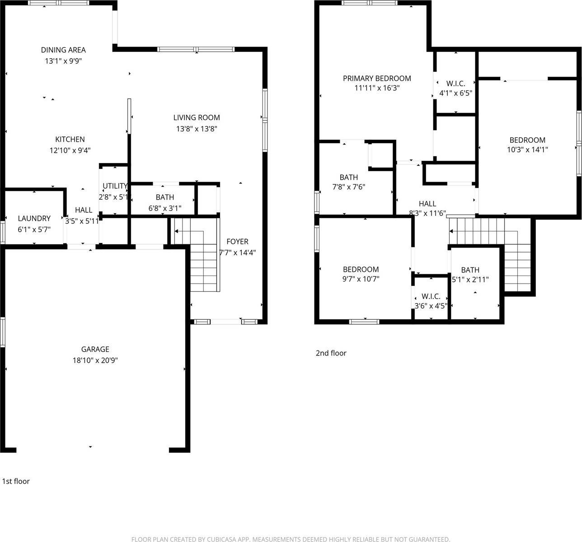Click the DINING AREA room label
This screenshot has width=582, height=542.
63,50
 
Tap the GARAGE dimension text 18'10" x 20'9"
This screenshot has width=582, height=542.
95,360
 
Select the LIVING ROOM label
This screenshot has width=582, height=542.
197,118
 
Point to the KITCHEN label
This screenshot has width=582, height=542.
70,140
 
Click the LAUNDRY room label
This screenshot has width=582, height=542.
34,219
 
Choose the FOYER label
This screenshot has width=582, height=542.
237,242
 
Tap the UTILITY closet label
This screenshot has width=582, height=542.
115,186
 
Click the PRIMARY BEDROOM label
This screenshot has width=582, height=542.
377,79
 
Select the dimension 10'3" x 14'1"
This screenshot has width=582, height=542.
527,150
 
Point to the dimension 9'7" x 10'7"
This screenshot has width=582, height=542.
361,279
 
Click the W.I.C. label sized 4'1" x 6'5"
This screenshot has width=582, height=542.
455,84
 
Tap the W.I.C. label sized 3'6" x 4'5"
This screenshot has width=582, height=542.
431,296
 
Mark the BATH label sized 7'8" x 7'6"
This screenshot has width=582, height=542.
349,178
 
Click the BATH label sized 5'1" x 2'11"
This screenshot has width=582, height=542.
470,270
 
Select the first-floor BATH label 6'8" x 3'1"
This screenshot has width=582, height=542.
165,197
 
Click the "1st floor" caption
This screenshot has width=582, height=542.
16,481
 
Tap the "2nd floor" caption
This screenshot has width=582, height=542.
331,353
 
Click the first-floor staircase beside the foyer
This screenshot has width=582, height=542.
203,262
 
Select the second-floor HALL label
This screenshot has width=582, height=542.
427,204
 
